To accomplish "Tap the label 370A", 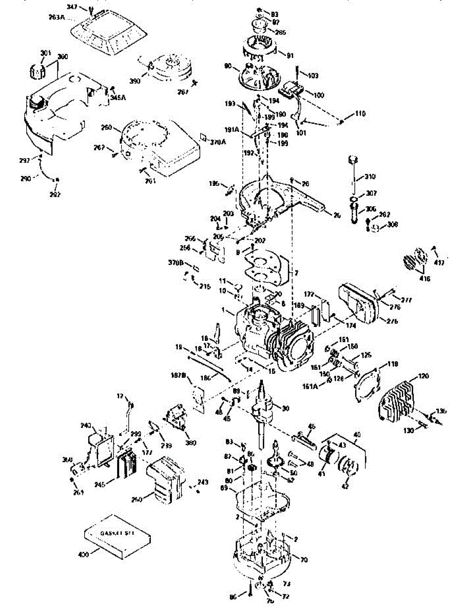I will point(218,142).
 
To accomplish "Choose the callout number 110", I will point(360,113).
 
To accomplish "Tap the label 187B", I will point(178,376).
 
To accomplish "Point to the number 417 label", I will point(440,263).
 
